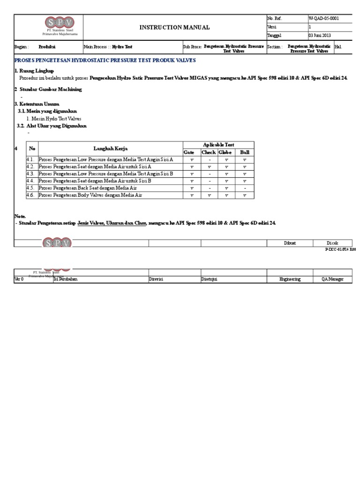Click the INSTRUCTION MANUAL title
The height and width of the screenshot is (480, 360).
pos(174,28)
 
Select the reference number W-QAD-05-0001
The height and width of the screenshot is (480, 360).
pos(323,19)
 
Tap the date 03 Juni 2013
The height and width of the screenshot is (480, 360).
pos(320,36)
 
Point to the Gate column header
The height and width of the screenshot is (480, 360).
pos(189,152)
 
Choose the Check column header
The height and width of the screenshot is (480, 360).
pos(209,152)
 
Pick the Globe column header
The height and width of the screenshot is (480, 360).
pos(225,152)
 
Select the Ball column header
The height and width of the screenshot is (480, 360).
pos(245,152)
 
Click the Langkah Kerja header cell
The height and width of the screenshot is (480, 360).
pos(111,149)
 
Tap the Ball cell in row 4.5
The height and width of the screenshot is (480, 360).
pos(245,187)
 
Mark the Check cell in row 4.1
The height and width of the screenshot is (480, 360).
pos(209,159)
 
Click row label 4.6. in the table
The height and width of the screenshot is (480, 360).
pos(30,195)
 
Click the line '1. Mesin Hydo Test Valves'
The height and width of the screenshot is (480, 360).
pos(54,119)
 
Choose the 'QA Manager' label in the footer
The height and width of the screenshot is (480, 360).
pos(332,279)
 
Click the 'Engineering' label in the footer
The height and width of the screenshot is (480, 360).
pos(290,279)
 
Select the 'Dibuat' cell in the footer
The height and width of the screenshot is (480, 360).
pos(290,242)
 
